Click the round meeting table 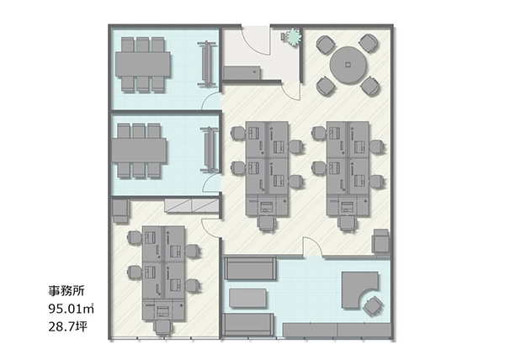(348, 65)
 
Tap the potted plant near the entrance (293, 36)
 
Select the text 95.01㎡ (72, 309)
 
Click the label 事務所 (66, 291)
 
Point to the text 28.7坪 (67, 326)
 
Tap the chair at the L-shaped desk (372, 305)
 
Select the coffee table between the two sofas (248, 298)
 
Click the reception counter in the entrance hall (242, 72)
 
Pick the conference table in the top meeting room (143, 64)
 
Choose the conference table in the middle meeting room (139, 151)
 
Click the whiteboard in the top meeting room (206, 64)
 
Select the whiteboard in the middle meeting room (210, 149)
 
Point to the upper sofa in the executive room (250, 268)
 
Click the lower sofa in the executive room (248, 325)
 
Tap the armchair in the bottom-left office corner (120, 211)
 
